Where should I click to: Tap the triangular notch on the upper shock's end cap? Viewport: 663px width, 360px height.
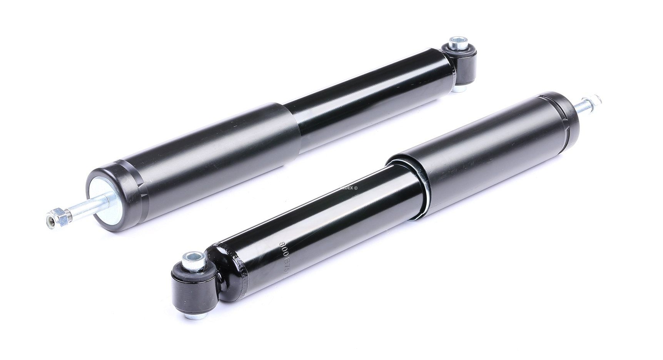click(x=148, y=196)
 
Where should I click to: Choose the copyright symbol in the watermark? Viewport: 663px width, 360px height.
click(x=357, y=188)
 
